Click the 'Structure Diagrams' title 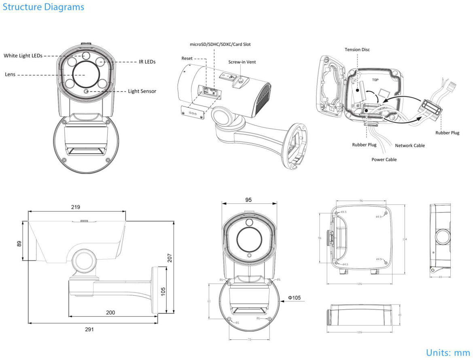coord(43,7)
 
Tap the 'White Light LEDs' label coord(23,55)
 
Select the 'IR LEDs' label coord(147,62)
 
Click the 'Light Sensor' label coord(142,91)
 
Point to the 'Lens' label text coord(10,75)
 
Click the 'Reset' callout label coord(187,59)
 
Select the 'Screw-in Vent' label coord(242,62)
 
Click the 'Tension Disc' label coord(357,49)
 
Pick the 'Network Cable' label coord(410,145)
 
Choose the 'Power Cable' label coord(384,160)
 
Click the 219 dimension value coord(76,207)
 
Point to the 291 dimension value coord(89,329)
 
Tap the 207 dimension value coord(170,258)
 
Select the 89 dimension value coord(19,243)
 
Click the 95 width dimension coord(249,200)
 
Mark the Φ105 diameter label coord(294,298)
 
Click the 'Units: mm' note coord(448,352)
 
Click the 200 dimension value coord(110,312)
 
